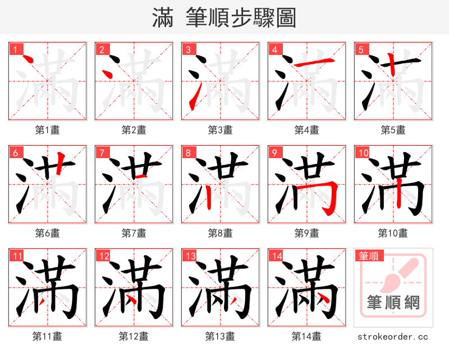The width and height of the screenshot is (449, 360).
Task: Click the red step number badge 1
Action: tap(15, 49)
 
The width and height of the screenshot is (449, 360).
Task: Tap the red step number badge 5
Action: tap(361, 49)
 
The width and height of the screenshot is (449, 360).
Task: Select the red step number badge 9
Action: tap(274, 153)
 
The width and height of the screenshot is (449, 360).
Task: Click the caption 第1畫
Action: tap(48, 130)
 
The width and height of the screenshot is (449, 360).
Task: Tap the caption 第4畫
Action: tap(307, 130)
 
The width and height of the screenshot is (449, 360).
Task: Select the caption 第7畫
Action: tap(134, 233)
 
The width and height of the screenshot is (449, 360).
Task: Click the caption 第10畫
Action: tap(393, 233)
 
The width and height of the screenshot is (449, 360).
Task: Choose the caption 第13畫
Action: tap(221, 336)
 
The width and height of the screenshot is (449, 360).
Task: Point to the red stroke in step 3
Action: tap(194, 95)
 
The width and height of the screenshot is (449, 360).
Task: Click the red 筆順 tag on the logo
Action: tap(368, 256)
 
